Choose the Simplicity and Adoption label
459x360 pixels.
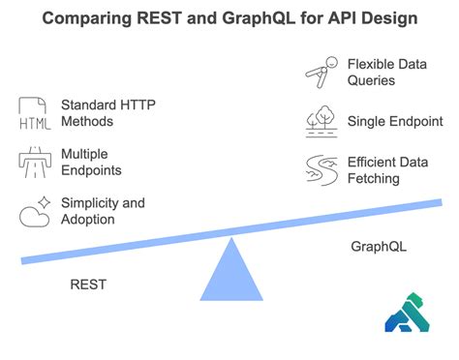(x=103, y=210)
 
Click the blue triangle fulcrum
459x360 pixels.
(x=230, y=270)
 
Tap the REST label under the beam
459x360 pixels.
(x=88, y=285)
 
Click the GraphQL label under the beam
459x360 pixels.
(x=379, y=247)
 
